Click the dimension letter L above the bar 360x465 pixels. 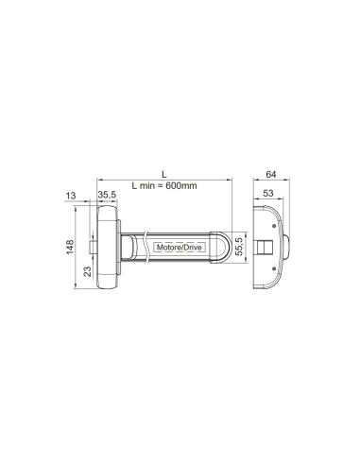click(163, 173)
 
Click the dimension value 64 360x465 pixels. click(271, 174)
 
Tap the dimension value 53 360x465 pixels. click(268, 194)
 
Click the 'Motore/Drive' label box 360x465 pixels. click(180, 248)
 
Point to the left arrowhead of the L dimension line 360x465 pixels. click(100, 180)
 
